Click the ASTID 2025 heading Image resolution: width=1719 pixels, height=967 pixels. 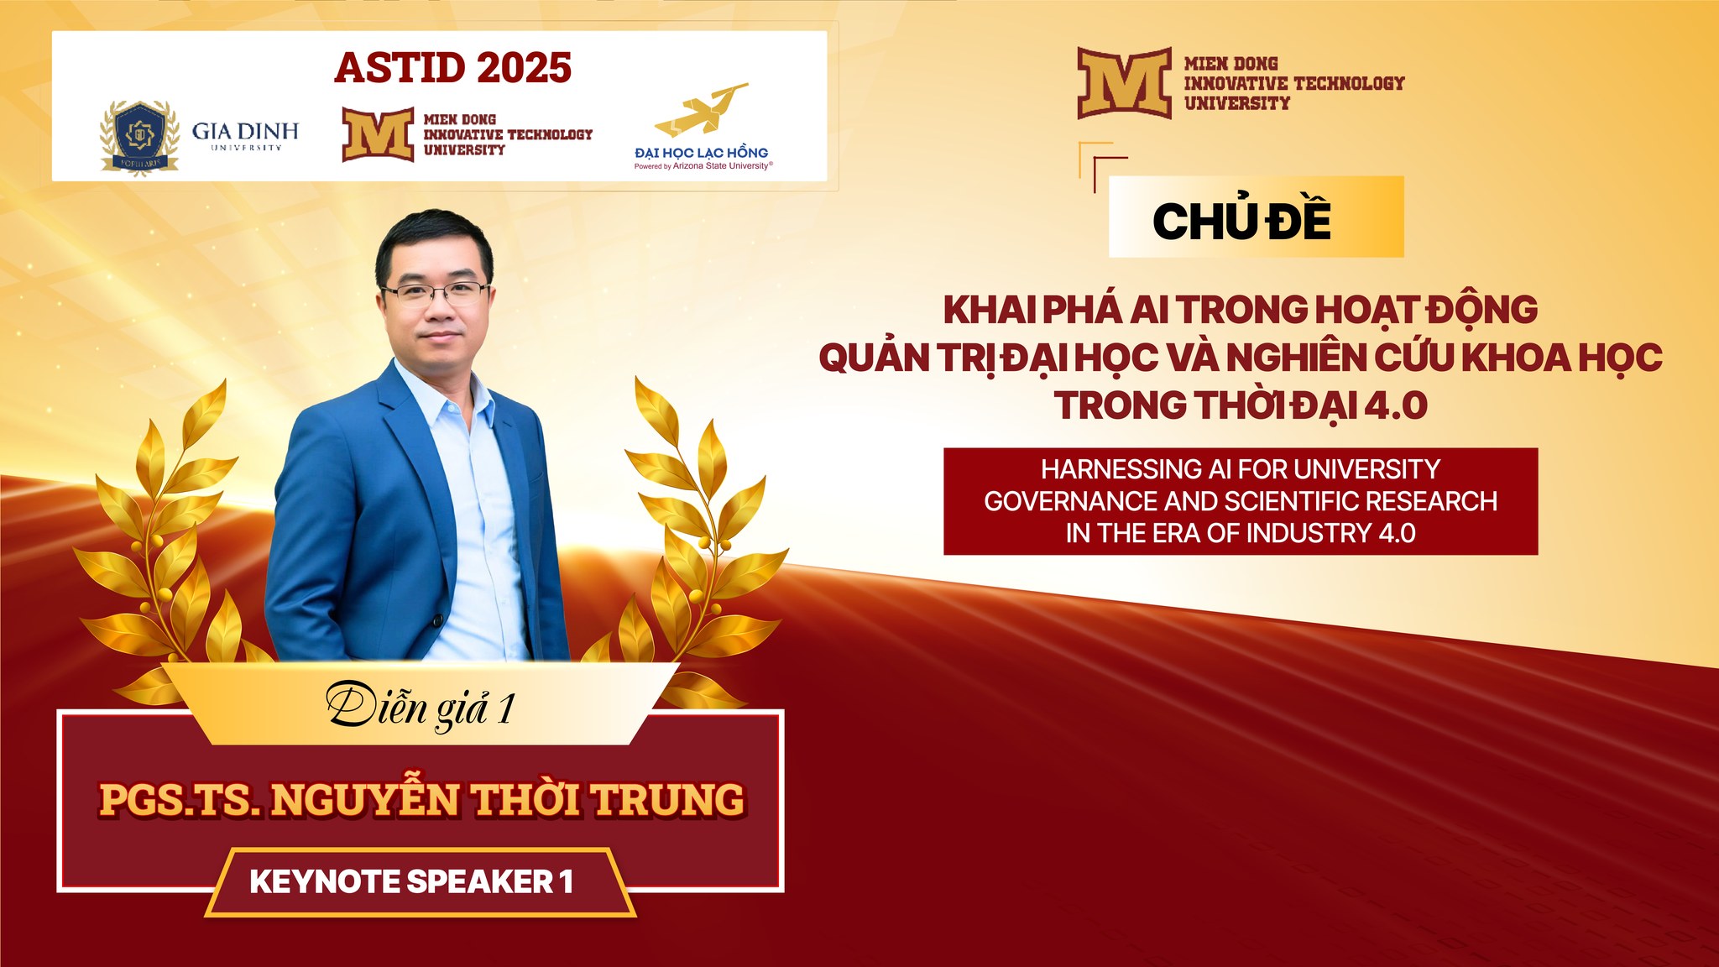click(452, 68)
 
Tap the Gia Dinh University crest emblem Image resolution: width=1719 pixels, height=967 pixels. click(139, 137)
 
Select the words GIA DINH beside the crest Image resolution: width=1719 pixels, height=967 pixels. click(245, 131)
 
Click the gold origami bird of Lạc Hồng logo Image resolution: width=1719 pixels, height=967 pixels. click(701, 110)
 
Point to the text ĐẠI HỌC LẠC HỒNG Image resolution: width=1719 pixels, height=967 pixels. click(702, 153)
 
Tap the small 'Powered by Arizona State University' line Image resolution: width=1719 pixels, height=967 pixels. click(703, 166)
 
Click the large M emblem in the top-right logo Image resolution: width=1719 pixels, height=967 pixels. click(1125, 83)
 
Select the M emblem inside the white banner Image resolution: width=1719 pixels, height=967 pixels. click(378, 134)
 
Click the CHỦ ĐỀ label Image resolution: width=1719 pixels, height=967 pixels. click(1241, 221)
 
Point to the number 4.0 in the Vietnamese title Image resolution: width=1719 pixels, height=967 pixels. click(1396, 405)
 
